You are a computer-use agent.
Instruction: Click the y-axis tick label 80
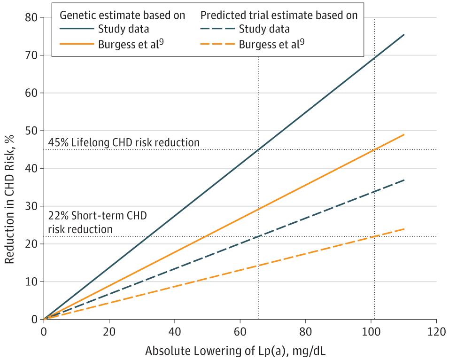coord(31,17)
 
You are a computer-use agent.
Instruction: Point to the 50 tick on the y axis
coord(31,131)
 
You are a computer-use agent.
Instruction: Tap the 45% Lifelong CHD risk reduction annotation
coord(124,142)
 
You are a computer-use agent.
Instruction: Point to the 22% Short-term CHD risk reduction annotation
coord(97,222)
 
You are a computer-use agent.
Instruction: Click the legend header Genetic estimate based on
coord(122,15)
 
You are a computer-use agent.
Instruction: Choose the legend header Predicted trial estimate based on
coord(279,15)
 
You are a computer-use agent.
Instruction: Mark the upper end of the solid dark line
coord(403,35)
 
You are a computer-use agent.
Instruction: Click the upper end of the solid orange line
coord(403,135)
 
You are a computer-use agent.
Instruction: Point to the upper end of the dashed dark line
coord(403,180)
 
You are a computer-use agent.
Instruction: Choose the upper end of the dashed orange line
coord(403,229)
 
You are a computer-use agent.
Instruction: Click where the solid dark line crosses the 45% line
coord(258,149)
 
